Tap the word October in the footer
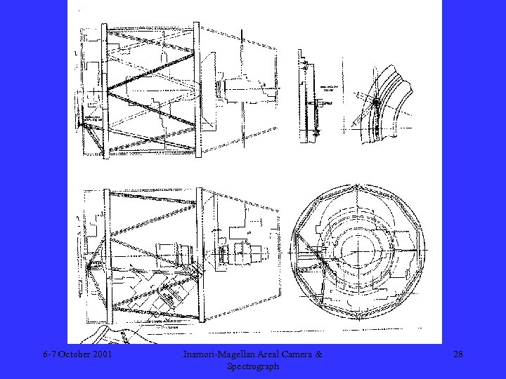tap(74, 355)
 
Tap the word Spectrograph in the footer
tap(253, 366)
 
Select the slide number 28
tap(458, 355)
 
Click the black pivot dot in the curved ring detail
tap(376, 102)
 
